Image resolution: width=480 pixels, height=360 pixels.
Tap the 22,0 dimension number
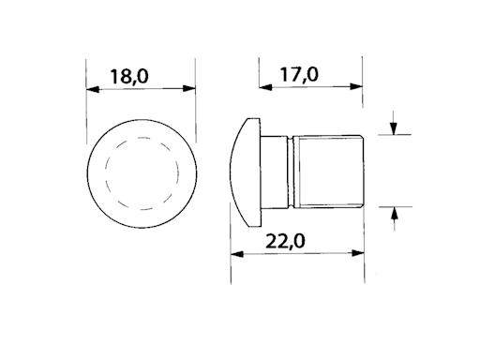(297, 242)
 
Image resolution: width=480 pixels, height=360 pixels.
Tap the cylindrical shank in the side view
(328, 171)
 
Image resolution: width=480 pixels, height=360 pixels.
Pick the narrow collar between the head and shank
(274, 171)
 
